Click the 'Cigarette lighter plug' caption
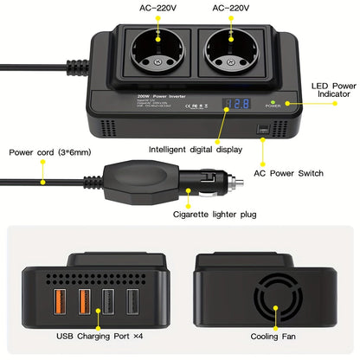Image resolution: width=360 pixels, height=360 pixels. pyautogui.click(x=220, y=213)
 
